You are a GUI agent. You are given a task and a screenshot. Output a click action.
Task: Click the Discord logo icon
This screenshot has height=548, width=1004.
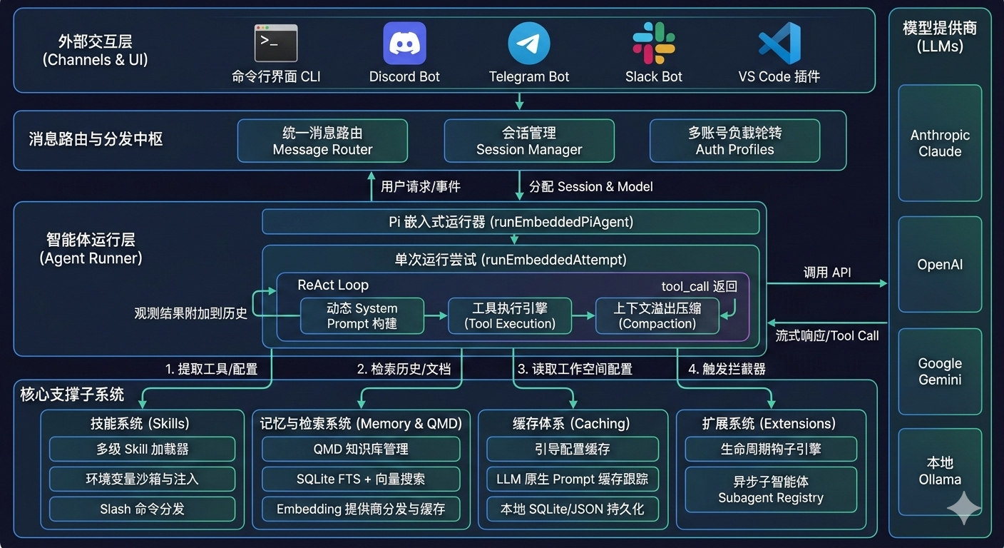tap(404, 43)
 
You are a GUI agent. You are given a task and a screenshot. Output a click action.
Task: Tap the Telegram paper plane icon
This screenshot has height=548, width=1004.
tap(529, 43)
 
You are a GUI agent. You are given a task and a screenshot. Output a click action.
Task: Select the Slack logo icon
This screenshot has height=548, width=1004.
tap(654, 43)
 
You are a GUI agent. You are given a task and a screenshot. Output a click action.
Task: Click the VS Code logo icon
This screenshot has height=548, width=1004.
tap(779, 43)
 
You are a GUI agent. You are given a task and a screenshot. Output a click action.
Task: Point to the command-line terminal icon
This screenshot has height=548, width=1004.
tap(276, 43)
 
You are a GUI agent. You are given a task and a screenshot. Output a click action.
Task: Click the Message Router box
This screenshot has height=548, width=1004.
tap(322, 141)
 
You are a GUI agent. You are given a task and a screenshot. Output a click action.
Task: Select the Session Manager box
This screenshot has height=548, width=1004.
tap(529, 141)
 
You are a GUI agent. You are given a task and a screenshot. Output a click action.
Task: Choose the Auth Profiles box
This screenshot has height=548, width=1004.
tap(734, 141)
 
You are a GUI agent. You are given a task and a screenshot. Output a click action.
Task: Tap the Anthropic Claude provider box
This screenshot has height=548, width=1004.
tap(940, 143)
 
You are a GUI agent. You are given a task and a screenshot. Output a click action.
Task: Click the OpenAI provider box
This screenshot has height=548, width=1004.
tap(940, 264)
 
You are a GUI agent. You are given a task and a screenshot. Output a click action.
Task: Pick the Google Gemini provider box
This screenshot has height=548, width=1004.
tap(940, 371)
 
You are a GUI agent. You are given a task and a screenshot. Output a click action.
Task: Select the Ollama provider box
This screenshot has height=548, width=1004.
tap(940, 472)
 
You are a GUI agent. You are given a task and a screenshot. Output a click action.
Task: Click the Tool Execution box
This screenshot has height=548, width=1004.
tap(510, 316)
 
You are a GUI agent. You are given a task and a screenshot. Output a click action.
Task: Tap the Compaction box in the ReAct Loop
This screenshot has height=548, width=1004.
tap(657, 316)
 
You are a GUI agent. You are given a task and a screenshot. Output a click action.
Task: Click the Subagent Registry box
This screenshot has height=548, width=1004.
tap(770, 489)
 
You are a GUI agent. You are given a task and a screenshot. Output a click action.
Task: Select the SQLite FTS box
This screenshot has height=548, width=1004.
tap(361, 479)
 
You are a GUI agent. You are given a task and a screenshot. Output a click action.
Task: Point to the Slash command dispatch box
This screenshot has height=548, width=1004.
tap(142, 509)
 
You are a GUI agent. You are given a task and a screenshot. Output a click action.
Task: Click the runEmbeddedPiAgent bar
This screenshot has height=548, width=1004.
tap(511, 222)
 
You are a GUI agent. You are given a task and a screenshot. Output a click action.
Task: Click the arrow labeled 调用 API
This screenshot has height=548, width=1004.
tap(827, 283)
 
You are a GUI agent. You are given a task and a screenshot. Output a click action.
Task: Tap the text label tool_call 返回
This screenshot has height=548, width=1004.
tap(699, 286)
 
